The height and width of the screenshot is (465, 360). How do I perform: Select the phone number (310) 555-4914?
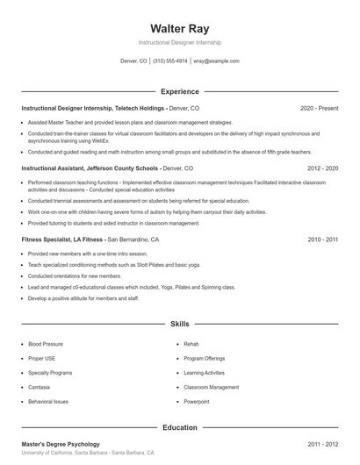pyautogui.click(x=169, y=61)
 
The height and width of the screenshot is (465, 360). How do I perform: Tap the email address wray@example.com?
pyautogui.click(x=216, y=61)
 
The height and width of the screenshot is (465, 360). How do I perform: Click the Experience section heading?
pyautogui.click(x=179, y=91)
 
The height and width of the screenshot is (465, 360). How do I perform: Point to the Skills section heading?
pyautogui.click(x=179, y=324)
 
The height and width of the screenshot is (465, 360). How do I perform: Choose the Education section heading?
pyautogui.click(x=179, y=427)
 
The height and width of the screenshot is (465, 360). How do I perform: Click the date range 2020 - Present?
pyautogui.click(x=319, y=108)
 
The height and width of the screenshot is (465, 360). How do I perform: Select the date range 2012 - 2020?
pyautogui.click(x=322, y=167)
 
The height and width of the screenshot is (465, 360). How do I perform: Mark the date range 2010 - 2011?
pyautogui.click(x=322, y=239)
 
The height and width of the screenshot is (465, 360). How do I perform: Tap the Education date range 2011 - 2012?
pyautogui.click(x=322, y=445)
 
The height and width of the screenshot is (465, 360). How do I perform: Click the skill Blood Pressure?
pyautogui.click(x=46, y=344)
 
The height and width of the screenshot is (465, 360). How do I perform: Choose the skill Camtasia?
pyautogui.click(x=39, y=387)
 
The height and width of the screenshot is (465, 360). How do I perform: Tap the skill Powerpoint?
pyautogui.click(x=198, y=401)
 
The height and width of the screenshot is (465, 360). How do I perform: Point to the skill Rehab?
pyautogui.click(x=191, y=344)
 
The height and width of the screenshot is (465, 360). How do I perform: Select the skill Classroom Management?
pyautogui.click(x=211, y=387)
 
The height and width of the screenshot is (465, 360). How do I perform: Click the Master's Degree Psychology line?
pyautogui.click(x=61, y=445)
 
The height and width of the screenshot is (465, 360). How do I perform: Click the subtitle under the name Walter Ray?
pyautogui.click(x=179, y=42)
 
